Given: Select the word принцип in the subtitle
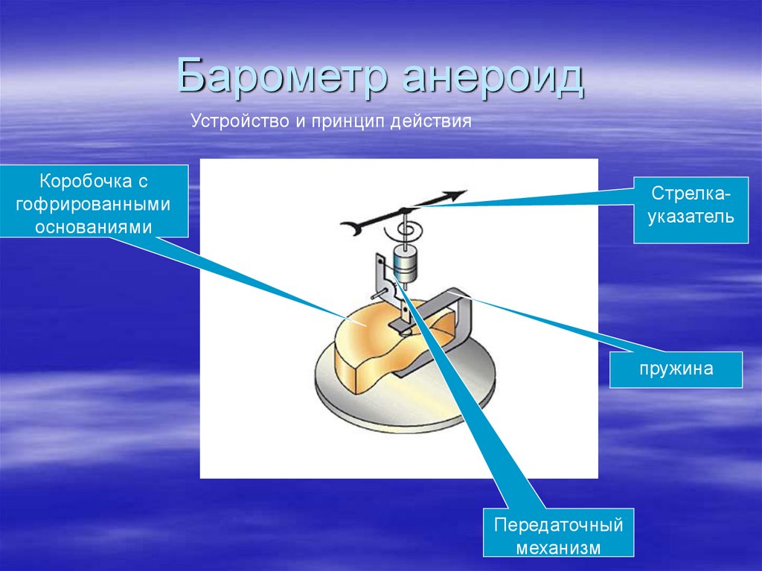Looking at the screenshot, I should [348, 121].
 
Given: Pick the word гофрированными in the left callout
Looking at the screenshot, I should [95, 204].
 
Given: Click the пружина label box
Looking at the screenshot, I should [675, 369].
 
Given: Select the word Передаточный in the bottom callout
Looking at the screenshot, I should [558, 525].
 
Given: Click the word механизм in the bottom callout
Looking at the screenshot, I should [558, 548].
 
